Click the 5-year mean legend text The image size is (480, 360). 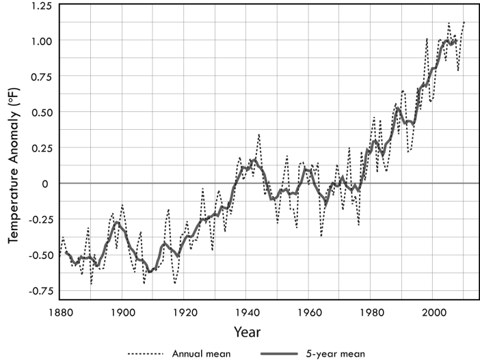click(340, 352)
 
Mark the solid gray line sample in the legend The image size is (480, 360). click(279, 352)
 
